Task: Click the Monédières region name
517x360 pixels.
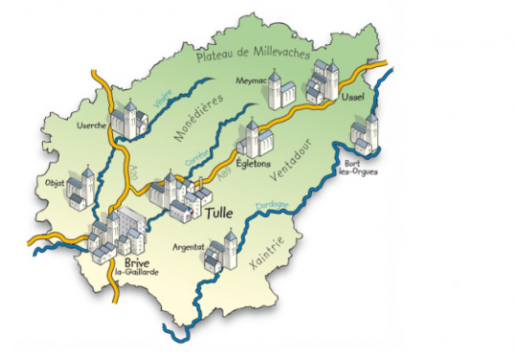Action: pyautogui.click(x=199, y=119)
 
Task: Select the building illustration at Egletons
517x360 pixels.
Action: pyautogui.click(x=250, y=141)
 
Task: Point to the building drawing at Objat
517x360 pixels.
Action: pyautogui.click(x=81, y=187)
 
